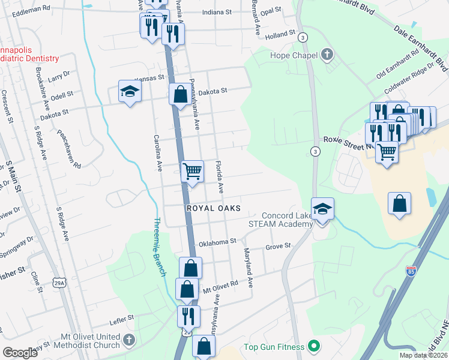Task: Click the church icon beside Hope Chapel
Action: [327, 55]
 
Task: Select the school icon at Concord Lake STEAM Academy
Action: [322, 209]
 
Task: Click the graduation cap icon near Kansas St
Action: [129, 92]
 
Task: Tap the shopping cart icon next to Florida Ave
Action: [192, 172]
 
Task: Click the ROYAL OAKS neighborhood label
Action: [213, 208]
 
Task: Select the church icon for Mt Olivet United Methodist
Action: [129, 341]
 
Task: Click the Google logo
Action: [20, 353]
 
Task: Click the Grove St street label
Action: [278, 246]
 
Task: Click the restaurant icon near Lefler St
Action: [188, 315]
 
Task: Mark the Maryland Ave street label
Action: [249, 268]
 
